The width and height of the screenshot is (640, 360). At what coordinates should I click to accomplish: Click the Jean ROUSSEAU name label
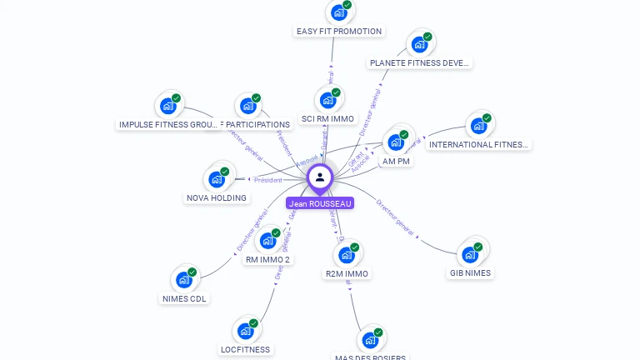pyautogui.click(x=320, y=203)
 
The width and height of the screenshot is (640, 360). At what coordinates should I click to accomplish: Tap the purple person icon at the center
pyautogui.click(x=320, y=177)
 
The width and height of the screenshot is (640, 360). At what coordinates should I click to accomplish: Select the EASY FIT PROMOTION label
pyautogui.click(x=339, y=32)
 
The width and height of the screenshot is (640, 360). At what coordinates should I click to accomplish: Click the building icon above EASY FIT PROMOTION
pyautogui.click(x=338, y=12)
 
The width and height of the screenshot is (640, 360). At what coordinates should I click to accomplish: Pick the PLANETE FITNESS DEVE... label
pyautogui.click(x=419, y=62)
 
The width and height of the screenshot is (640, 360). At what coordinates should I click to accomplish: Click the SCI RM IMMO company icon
pyautogui.click(x=327, y=100)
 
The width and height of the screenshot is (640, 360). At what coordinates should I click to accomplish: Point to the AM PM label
pyautogui.click(x=396, y=161)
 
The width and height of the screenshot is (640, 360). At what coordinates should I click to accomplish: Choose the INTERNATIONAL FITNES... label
pyautogui.click(x=478, y=144)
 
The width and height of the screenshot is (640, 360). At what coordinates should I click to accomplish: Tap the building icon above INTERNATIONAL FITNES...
pyautogui.click(x=478, y=126)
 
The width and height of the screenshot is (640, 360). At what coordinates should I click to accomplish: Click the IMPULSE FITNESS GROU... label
pyautogui.click(x=168, y=124)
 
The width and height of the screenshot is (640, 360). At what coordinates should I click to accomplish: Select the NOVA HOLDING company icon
pyautogui.click(x=217, y=179)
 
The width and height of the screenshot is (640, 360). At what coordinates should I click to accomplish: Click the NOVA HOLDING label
pyautogui.click(x=217, y=198)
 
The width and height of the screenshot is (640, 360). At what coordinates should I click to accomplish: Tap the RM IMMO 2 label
pyautogui.click(x=267, y=259)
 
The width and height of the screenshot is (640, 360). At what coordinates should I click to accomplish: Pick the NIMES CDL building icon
pyautogui.click(x=183, y=280)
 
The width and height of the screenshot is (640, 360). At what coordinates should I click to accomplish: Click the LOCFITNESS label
pyautogui.click(x=245, y=349)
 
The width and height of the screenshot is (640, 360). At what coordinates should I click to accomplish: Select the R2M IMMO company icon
pyautogui.click(x=346, y=255)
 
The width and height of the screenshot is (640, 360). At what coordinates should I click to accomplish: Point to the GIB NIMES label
pyautogui.click(x=470, y=272)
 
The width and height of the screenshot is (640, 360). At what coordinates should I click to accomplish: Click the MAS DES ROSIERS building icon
pyautogui.click(x=370, y=340)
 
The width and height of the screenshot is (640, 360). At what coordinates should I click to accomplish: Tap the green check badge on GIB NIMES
pyautogui.click(x=478, y=247)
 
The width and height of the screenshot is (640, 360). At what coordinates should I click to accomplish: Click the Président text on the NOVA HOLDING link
pyautogui.click(x=268, y=180)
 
